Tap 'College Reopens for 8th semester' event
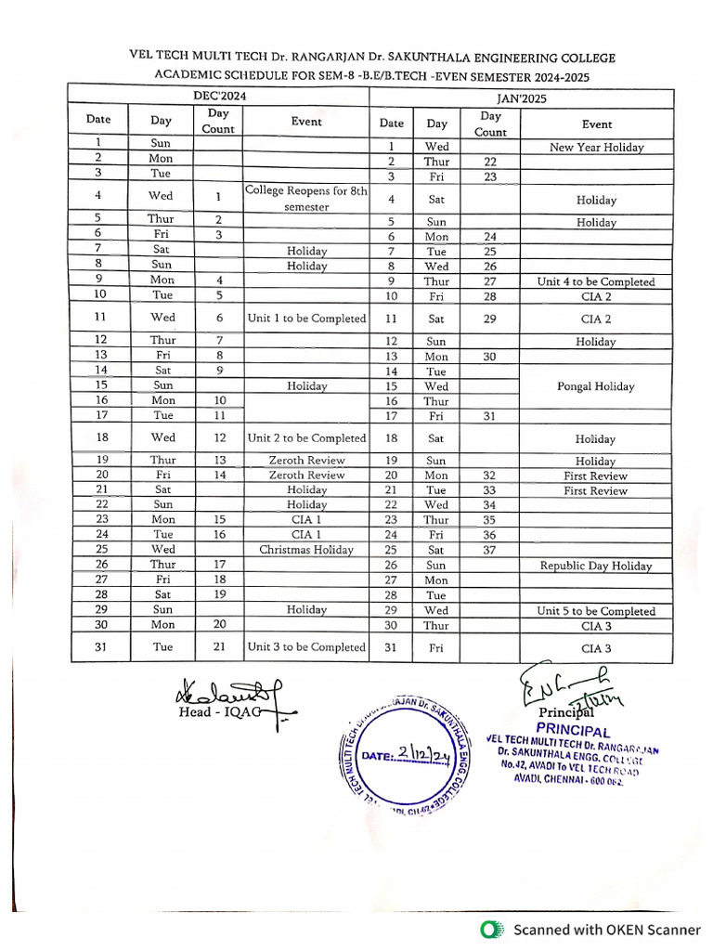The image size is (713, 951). pyautogui.click(x=306, y=199)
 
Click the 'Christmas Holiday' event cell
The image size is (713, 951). pyautogui.click(x=306, y=550)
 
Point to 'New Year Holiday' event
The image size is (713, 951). pyautogui.click(x=596, y=148)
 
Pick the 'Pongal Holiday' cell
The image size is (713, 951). pyautogui.click(x=596, y=386)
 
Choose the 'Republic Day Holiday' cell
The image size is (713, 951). pyautogui.click(x=596, y=566)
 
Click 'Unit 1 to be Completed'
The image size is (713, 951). pyautogui.click(x=306, y=319)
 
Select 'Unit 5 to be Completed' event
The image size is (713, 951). pyautogui.click(x=596, y=611)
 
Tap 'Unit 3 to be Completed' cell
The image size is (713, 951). pyautogui.click(x=306, y=647)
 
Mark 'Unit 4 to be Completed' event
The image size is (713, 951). pyautogui.click(x=596, y=281)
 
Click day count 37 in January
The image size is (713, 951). pyautogui.click(x=489, y=550)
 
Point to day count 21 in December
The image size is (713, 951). pyautogui.click(x=219, y=647)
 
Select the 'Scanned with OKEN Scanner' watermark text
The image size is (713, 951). pyautogui.click(x=607, y=930)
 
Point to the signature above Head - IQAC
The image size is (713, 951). pyautogui.click(x=223, y=692)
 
